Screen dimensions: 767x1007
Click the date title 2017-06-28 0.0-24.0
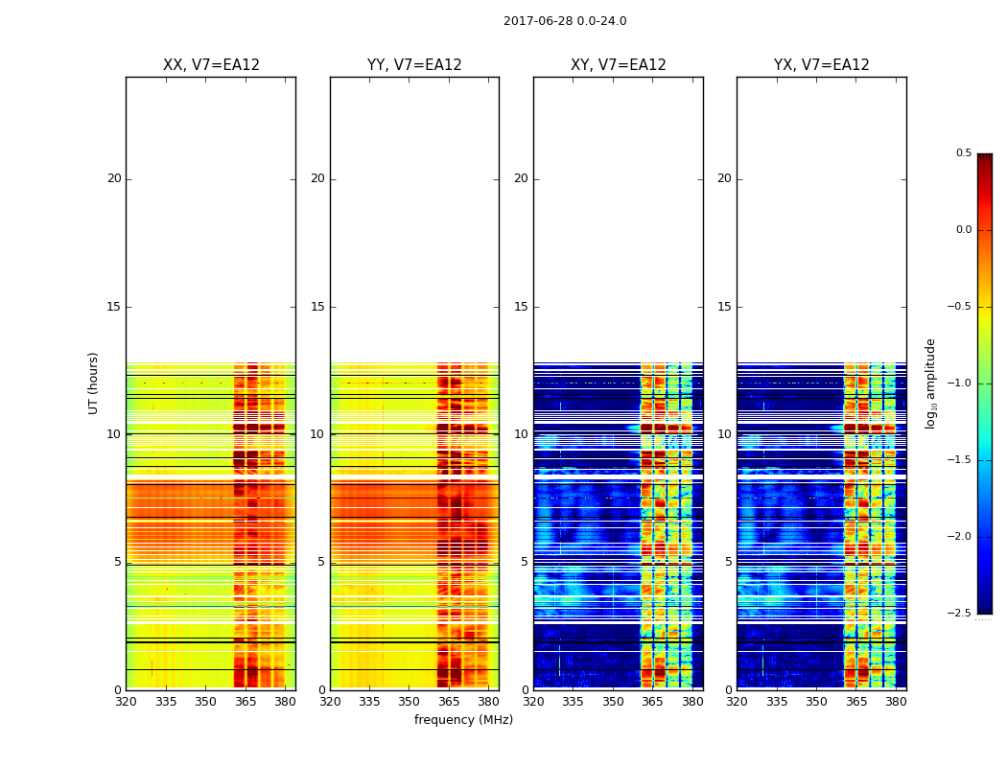click(x=565, y=21)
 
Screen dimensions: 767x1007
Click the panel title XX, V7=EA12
click(x=211, y=65)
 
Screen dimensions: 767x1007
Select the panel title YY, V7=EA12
click(x=414, y=65)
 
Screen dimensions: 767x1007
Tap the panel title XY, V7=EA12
click(x=618, y=65)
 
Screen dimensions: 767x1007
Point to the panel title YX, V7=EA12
click(x=821, y=65)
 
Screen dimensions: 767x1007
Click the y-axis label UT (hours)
click(x=94, y=383)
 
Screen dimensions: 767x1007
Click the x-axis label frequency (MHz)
click(x=463, y=720)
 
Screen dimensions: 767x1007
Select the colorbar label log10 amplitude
click(x=930, y=383)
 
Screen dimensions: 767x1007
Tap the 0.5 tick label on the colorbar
click(x=963, y=153)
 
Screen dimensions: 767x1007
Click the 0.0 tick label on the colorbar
click(x=963, y=230)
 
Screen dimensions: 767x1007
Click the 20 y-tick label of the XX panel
click(x=114, y=178)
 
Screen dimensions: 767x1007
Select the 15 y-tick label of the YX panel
click(x=724, y=307)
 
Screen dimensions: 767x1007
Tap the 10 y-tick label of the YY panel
click(x=317, y=434)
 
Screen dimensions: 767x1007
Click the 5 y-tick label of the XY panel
click(x=525, y=562)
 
